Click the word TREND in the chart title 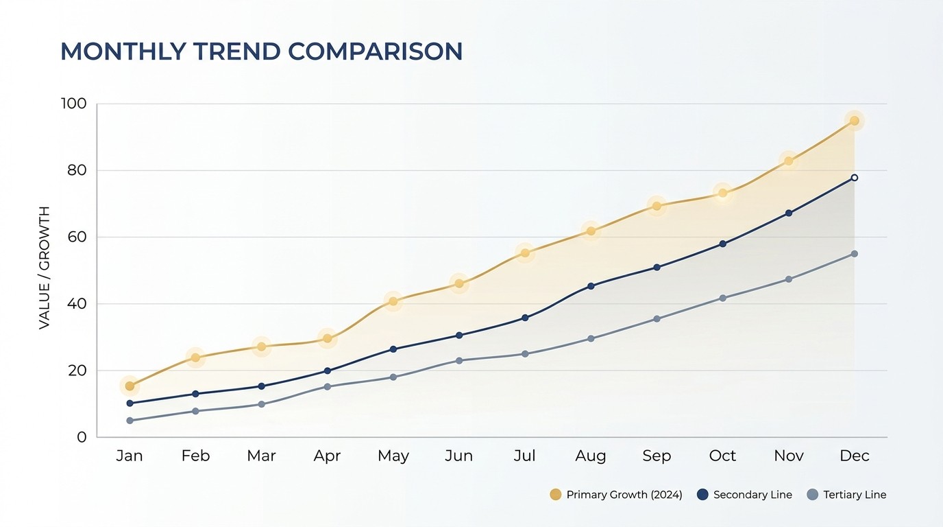(x=237, y=51)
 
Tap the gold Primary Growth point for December (x=854, y=121)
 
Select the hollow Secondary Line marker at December (x=854, y=178)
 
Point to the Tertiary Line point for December (x=854, y=254)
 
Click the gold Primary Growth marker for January (x=130, y=386)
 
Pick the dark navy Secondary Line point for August (x=591, y=286)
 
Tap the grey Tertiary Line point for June (x=459, y=361)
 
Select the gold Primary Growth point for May (x=393, y=301)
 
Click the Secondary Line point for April (x=327, y=371)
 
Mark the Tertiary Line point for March (x=261, y=404)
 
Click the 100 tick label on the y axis (x=74, y=104)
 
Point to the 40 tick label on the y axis (x=77, y=303)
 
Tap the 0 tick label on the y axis (x=82, y=437)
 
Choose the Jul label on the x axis (x=524, y=456)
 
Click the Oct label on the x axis (x=722, y=456)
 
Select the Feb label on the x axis (x=195, y=456)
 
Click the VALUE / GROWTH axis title (x=44, y=268)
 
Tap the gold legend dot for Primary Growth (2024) (x=556, y=495)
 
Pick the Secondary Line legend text (x=752, y=495)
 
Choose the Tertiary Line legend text (x=855, y=495)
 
